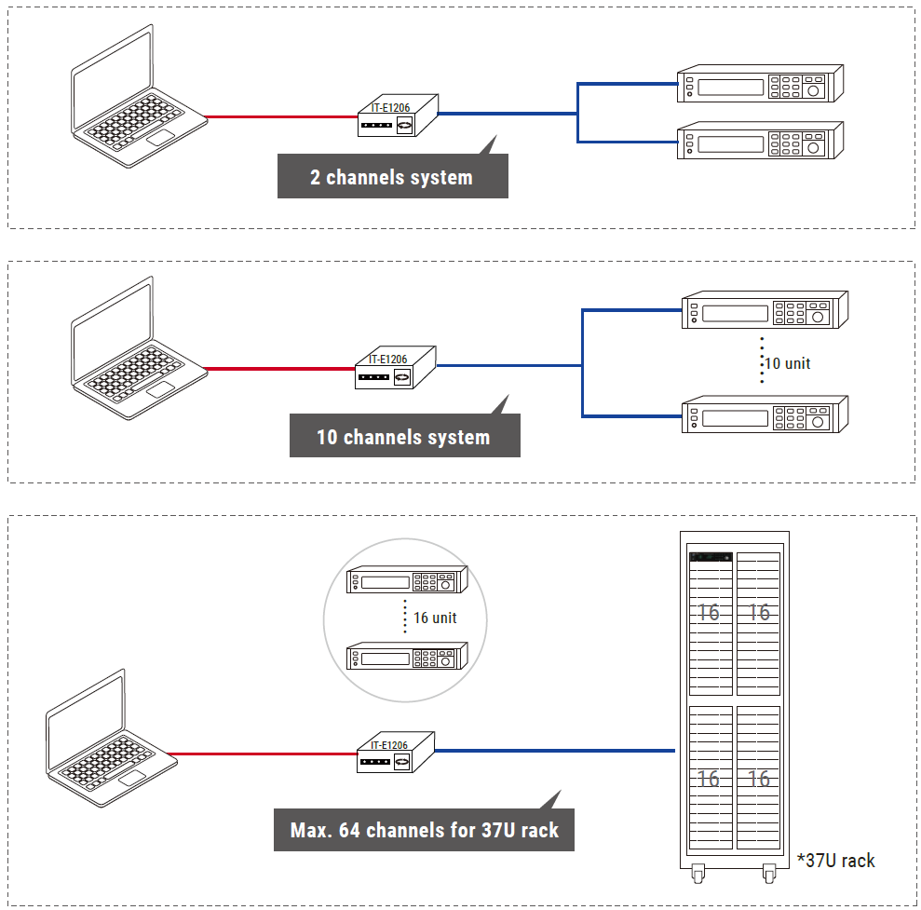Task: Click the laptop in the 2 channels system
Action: click(139, 97)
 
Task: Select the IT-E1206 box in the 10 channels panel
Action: click(395, 368)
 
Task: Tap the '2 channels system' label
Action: click(391, 177)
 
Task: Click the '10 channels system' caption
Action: click(403, 437)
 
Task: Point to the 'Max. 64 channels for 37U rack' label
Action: click(424, 830)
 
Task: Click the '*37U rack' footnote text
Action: click(835, 861)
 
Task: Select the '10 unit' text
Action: click(787, 363)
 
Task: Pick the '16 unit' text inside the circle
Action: click(435, 618)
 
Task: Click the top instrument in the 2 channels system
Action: click(760, 84)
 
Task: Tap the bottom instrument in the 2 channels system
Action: click(760, 141)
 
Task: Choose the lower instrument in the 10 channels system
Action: click(765, 414)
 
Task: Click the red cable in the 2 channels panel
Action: click(281, 117)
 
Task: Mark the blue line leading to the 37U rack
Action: click(554, 751)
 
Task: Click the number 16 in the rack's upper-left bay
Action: click(709, 613)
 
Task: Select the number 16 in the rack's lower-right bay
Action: click(759, 779)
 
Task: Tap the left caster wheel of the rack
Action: click(698, 874)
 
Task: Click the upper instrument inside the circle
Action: click(407, 580)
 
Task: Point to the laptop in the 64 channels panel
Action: click(112, 739)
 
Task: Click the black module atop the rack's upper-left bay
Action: click(711, 557)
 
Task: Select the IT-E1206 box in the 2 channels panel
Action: click(399, 115)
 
